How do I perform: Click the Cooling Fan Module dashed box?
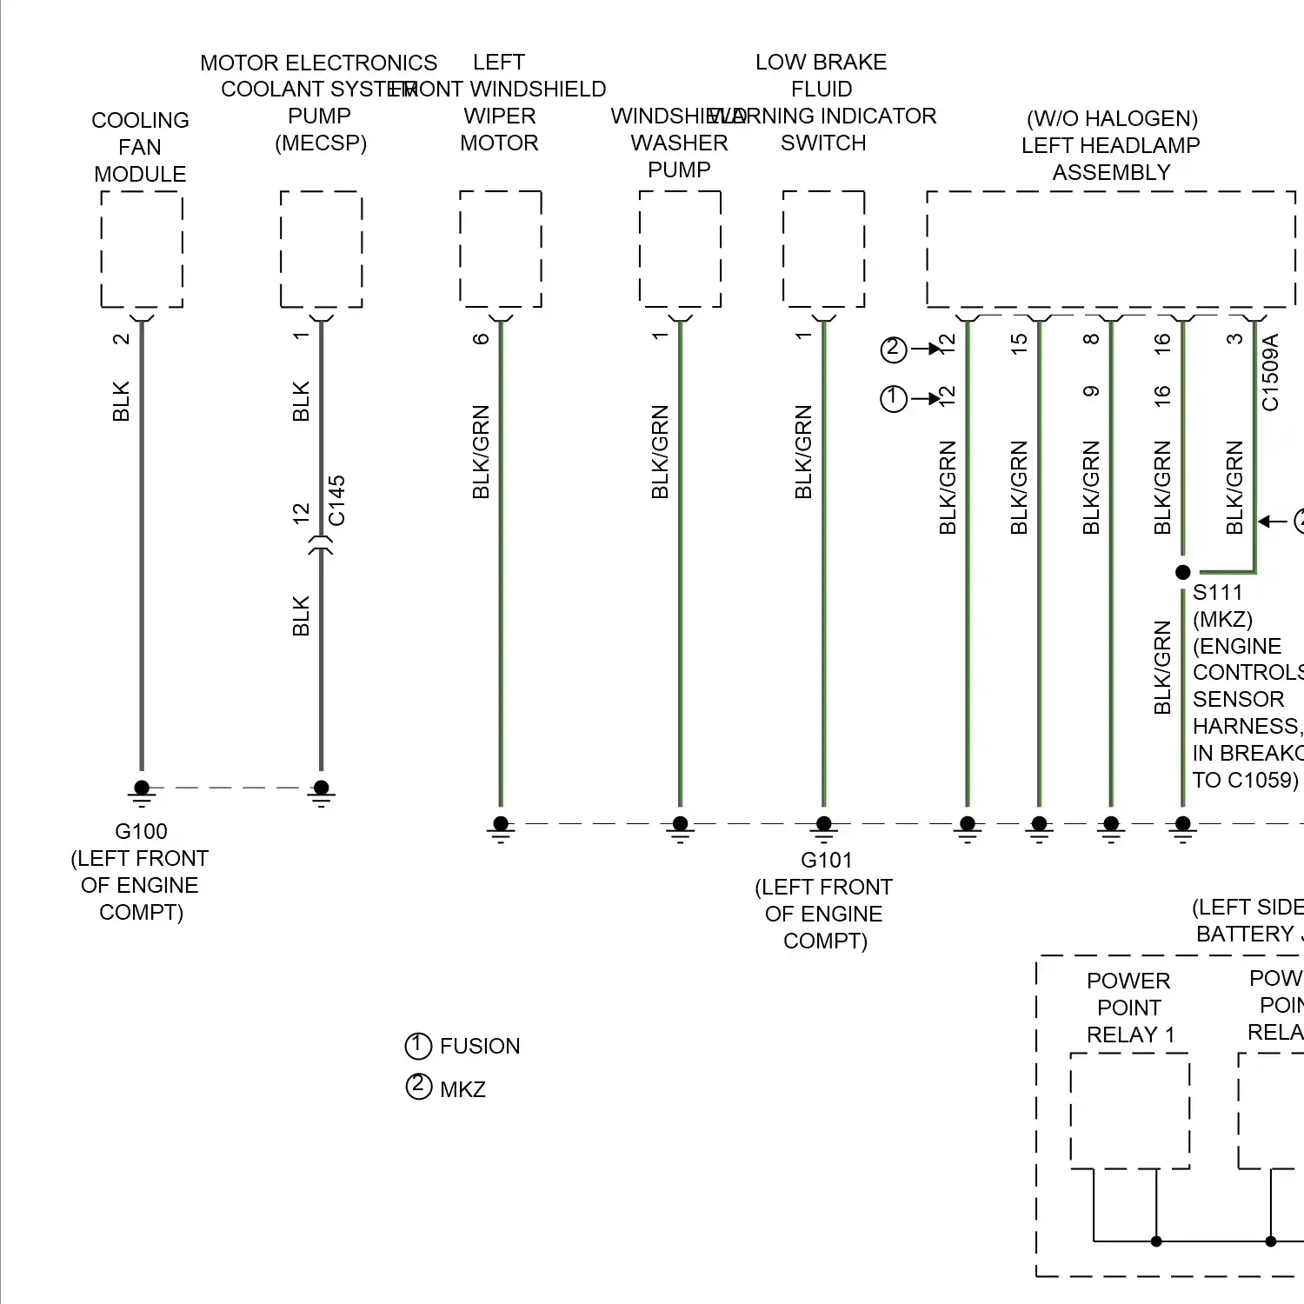[142, 249]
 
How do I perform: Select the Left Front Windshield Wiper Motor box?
[501, 249]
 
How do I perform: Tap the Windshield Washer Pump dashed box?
[680, 249]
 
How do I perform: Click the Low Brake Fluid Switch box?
[823, 249]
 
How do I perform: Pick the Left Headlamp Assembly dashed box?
[1111, 249]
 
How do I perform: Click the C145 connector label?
[337, 501]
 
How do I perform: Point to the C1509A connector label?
[1270, 373]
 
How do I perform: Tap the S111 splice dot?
[1182, 572]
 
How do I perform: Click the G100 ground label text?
[141, 831]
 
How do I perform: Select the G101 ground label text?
[826, 860]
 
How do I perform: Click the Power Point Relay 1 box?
[1129, 1111]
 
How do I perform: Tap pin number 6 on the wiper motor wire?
[481, 338]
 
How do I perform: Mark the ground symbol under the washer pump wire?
[680, 828]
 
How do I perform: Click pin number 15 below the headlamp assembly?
[1019, 343]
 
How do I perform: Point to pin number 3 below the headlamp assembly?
[1234, 339]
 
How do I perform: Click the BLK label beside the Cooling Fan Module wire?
[121, 401]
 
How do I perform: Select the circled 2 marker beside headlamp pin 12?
[894, 349]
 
